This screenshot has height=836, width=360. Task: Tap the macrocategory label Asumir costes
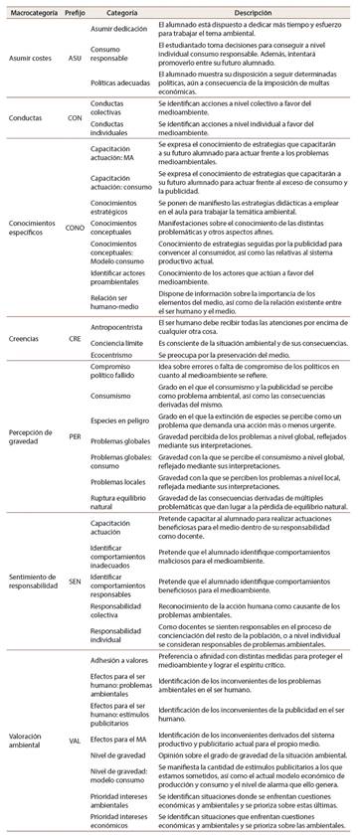[x=28, y=58]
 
